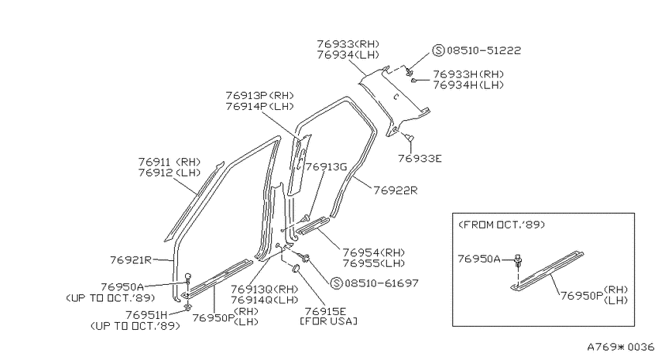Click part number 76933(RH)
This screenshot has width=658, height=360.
pos(348,44)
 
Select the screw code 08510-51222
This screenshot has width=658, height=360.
pos(484,50)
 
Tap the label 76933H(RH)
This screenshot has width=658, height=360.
pos(468,74)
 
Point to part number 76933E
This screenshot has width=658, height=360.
pos(420,159)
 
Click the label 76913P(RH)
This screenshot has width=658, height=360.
pos(260,96)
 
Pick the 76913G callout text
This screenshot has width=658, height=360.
pos(326,167)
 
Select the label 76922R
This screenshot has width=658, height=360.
pos(396,190)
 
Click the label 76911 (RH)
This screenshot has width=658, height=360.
pos(170,162)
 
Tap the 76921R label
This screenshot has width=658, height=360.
pos(131,260)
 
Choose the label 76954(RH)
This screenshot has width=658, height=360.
pos(373,252)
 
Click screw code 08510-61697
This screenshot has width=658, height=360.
pos(382,283)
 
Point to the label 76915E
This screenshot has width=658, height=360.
pos(326,311)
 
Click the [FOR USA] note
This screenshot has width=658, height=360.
pos(328,321)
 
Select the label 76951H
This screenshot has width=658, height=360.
pos(146,314)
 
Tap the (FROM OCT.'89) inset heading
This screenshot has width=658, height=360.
pos(502,225)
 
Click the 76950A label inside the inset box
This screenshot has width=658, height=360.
pos(479,259)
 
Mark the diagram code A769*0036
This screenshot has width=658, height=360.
pos(621,347)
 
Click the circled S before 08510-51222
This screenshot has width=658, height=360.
pos(438,51)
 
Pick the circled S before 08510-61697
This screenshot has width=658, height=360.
pos(336,283)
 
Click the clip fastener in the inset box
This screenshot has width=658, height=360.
pos(518,261)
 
